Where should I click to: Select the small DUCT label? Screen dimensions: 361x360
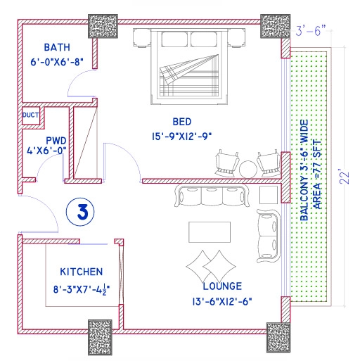click(x=30, y=115)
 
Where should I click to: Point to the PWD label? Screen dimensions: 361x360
click(x=56, y=139)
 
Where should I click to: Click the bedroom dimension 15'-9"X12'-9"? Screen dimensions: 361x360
click(x=181, y=135)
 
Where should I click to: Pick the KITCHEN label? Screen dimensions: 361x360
click(x=82, y=271)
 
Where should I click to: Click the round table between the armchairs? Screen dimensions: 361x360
click(x=247, y=169)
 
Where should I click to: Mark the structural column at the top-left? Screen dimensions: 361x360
click(x=103, y=26)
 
